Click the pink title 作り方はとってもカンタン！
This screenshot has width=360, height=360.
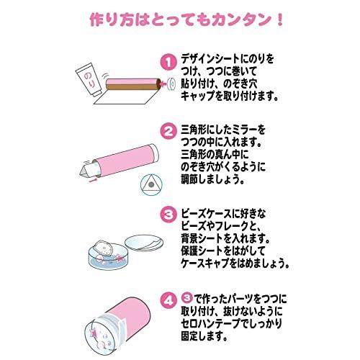(186, 20)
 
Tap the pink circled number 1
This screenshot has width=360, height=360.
(168, 63)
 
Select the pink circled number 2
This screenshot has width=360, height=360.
(168, 131)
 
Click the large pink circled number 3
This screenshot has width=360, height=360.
(168, 214)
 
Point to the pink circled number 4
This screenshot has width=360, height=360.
(168, 300)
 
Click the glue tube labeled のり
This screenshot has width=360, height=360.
(89, 78)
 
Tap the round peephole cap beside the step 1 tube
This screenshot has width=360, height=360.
(171, 84)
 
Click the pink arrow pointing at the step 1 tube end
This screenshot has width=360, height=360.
(163, 84)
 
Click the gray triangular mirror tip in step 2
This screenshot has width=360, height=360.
(84, 170)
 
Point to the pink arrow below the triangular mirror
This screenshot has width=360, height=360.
(94, 180)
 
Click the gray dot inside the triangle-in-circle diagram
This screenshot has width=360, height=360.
(151, 185)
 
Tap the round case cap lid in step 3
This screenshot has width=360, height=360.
(145, 243)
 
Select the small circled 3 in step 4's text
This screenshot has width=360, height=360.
(187, 298)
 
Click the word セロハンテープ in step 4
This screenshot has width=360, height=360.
(210, 324)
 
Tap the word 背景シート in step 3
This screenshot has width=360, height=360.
(202, 238)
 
